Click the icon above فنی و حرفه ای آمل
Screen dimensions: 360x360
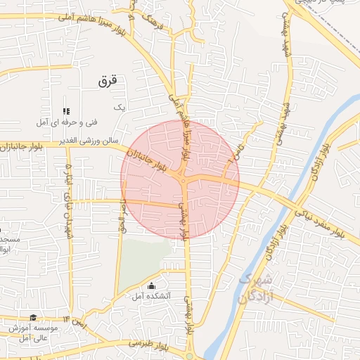click(x=67, y=111)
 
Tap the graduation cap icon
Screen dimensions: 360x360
click(x=32, y=318)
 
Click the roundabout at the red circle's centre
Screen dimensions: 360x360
click(x=183, y=181)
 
